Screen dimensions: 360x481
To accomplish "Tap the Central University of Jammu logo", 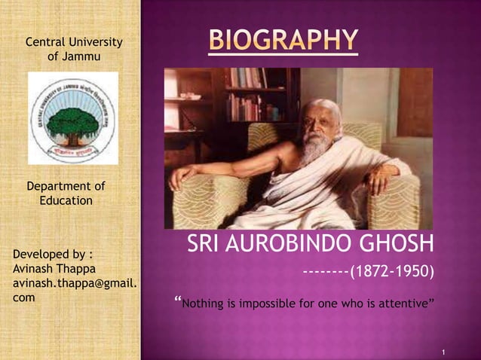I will [73, 117].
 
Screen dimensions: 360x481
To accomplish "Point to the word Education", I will [66, 200].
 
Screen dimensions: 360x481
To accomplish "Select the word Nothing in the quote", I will [201, 304].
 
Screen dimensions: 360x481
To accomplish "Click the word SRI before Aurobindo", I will [205, 246].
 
